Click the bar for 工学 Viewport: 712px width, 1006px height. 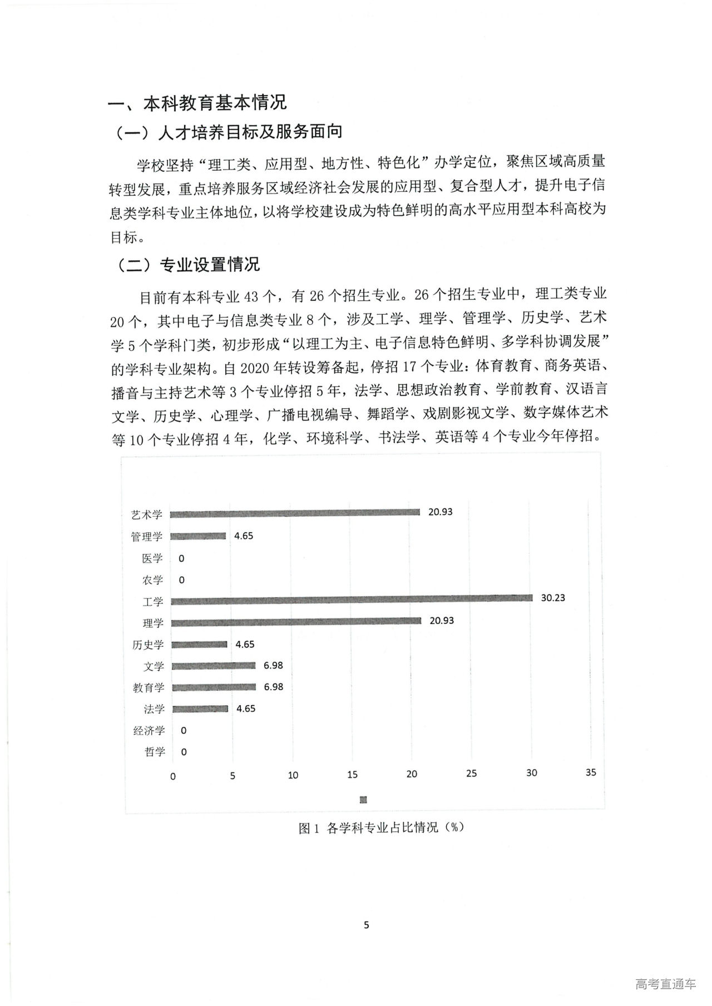coord(351,601)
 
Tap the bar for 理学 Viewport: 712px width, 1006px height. coord(296,623)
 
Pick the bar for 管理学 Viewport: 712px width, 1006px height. coord(198,536)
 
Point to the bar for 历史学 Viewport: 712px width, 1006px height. coord(199,645)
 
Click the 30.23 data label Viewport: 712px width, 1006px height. coord(553,598)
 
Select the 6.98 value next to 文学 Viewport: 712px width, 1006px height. coord(273,665)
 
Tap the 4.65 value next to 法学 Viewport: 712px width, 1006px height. coord(245,708)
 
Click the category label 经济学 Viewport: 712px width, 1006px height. coord(149,730)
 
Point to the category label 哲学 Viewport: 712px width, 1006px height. coord(155,752)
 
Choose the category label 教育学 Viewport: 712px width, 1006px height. coord(149,687)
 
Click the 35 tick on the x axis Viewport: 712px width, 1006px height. coord(591,772)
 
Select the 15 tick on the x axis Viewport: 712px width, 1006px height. coord(352,774)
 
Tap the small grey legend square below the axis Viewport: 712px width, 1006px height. coord(364,800)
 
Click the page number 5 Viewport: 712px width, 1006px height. coord(366,925)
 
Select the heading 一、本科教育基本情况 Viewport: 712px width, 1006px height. coord(197,103)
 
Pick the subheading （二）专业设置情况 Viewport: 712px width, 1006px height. coord(189,265)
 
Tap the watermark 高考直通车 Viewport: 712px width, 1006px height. coord(665,984)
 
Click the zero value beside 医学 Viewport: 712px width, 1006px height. coord(181,558)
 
